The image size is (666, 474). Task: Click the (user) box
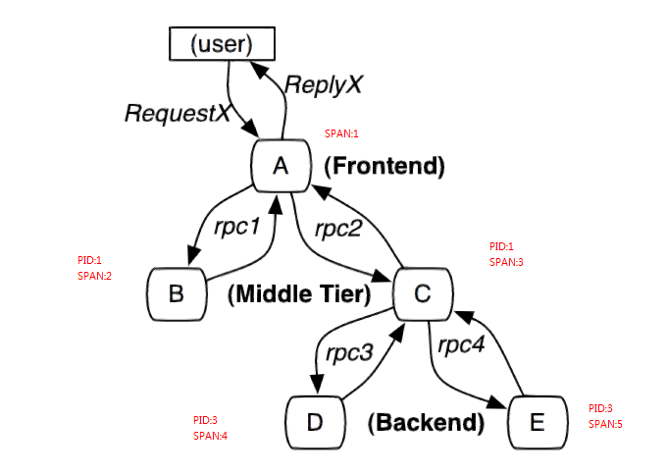pyautogui.click(x=222, y=44)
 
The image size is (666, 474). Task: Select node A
pyautogui.click(x=282, y=166)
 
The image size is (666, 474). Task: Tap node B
pyautogui.click(x=177, y=293)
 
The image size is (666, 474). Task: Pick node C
pyautogui.click(x=423, y=293)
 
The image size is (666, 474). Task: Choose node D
pyautogui.click(x=315, y=422)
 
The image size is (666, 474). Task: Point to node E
pyautogui.click(x=538, y=422)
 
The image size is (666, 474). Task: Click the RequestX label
pyautogui.click(x=178, y=113)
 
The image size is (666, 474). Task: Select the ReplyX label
pyautogui.click(x=324, y=84)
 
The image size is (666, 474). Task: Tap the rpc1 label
pyautogui.click(x=237, y=227)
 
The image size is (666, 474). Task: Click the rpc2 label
pyautogui.click(x=338, y=229)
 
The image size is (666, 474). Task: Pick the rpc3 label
pyautogui.click(x=349, y=353)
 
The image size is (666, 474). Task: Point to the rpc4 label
pyautogui.click(x=461, y=345)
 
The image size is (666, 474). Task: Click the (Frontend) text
pyautogui.click(x=384, y=166)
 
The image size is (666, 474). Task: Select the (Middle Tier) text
pyautogui.click(x=299, y=294)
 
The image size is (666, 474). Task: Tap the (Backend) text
pyautogui.click(x=426, y=423)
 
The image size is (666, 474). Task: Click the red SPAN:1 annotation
pyautogui.click(x=341, y=133)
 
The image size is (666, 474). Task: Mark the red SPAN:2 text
pyautogui.click(x=94, y=276)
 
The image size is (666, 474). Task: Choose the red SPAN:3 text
pyautogui.click(x=506, y=262)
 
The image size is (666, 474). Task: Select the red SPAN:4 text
pyautogui.click(x=210, y=436)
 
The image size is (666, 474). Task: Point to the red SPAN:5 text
pyautogui.click(x=605, y=424)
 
